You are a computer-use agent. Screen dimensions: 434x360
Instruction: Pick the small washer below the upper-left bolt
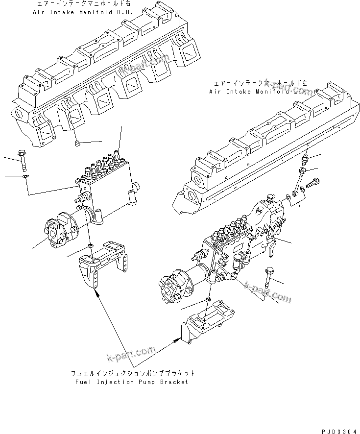click(x=25, y=176)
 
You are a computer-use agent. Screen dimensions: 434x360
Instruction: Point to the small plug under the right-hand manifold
click(x=77, y=143)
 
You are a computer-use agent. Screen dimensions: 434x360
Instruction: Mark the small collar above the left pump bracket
click(x=90, y=244)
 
